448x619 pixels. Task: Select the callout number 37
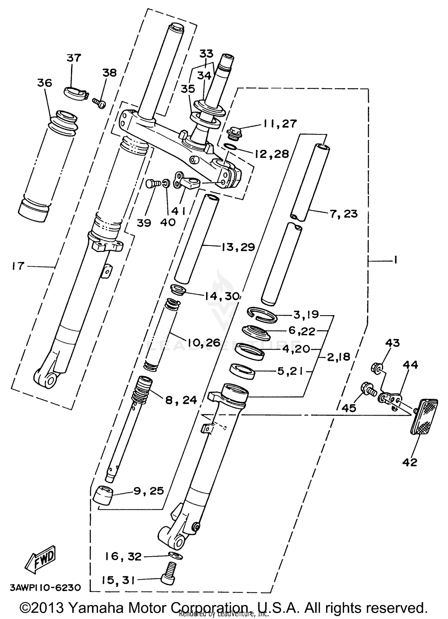point(74,57)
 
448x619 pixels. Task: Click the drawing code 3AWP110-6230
point(46,588)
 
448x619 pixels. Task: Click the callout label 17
point(18,266)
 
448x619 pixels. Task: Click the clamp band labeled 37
point(76,93)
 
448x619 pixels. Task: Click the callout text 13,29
point(238,247)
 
